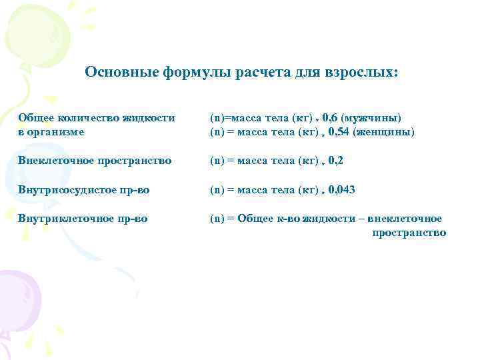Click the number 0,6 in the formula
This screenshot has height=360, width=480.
coord(329,118)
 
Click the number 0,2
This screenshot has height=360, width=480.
coord(336,161)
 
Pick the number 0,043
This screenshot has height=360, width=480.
coord(341,190)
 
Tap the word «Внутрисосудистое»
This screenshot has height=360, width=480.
coord(64,190)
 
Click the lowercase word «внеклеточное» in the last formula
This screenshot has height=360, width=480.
coord(409,219)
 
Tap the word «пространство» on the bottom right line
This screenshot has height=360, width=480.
coord(409,233)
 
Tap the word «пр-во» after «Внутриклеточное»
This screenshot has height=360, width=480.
coord(132,219)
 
